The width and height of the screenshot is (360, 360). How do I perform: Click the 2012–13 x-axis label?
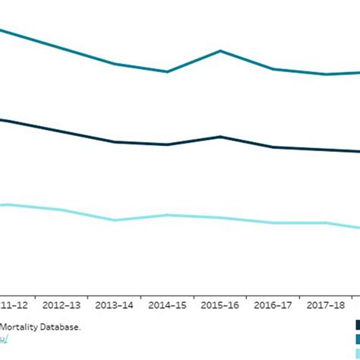click(62, 305)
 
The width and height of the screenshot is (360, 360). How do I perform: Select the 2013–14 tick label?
click(115, 305)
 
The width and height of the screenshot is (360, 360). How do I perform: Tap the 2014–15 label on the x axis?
click(168, 305)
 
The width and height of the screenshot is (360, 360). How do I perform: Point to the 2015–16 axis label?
click(221, 305)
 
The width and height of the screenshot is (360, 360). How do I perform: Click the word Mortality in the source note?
click(21, 327)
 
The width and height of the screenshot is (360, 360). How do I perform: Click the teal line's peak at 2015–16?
click(220, 51)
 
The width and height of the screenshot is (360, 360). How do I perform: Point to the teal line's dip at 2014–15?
click(167, 71)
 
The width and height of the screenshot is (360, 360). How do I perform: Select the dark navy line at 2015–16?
click(220, 137)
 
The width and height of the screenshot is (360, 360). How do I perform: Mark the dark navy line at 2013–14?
click(115, 142)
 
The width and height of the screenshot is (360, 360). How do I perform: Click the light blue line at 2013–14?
click(115, 220)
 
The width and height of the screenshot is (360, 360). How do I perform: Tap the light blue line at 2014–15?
click(167, 215)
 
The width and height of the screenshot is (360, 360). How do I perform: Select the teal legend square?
click(355, 339)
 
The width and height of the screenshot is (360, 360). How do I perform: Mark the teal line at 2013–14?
click(115, 64)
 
